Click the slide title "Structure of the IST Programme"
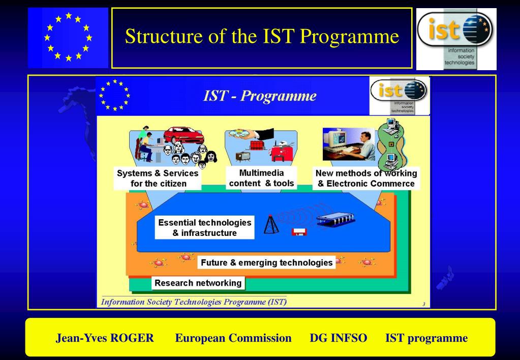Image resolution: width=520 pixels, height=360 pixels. click(262, 37)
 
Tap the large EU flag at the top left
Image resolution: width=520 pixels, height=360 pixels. click(68, 38)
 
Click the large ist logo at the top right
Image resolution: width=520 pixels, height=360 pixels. click(456, 39)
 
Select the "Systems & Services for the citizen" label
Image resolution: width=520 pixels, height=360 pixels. click(158, 178)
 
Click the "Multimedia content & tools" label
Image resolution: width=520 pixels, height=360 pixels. click(261, 178)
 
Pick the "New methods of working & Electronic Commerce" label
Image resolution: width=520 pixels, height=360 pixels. click(366, 178)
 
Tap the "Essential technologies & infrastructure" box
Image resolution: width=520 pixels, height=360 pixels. click(204, 228)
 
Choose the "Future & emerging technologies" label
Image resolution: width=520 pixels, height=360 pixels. click(266, 263)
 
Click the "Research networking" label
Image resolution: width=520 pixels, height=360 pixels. click(198, 283)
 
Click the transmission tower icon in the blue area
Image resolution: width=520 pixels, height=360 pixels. click(272, 225)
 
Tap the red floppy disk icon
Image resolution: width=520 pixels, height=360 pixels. click(299, 232)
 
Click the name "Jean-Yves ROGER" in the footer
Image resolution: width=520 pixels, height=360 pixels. click(105, 338)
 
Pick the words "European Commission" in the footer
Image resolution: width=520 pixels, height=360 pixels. click(233, 338)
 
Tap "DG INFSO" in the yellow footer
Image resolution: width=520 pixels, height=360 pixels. click(338, 338)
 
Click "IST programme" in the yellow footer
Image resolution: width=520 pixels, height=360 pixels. click(426, 338)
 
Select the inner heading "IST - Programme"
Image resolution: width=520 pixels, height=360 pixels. click(260, 96)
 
